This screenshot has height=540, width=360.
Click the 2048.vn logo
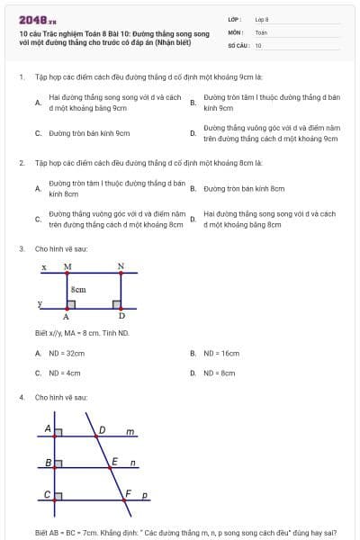(31, 20)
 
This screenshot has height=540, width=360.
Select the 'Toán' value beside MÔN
(261, 32)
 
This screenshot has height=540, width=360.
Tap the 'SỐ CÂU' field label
(238, 45)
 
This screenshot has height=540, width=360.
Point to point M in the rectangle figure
(68, 267)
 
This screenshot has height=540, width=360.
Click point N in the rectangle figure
(121, 267)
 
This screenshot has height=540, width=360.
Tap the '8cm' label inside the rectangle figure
(79, 289)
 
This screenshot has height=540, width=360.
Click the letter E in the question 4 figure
(114, 462)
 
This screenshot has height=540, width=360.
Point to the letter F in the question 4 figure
(128, 493)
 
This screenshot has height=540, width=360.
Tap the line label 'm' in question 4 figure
(130, 432)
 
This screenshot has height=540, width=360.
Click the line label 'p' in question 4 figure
(145, 495)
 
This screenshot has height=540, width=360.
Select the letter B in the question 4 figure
(48, 463)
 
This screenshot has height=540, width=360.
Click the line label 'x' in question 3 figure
(44, 267)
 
